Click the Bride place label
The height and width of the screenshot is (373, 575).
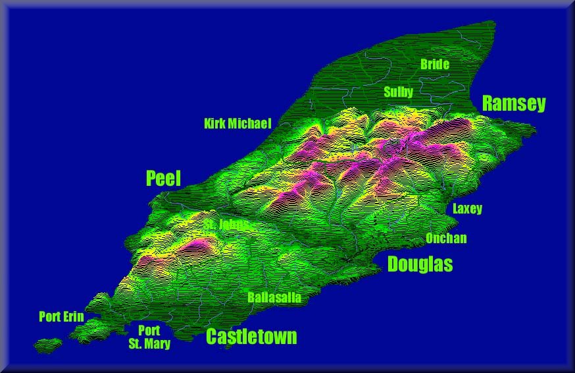pyautogui.click(x=435, y=64)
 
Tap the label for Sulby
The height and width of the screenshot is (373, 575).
pyautogui.click(x=399, y=92)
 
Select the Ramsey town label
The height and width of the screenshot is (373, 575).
pyautogui.click(x=514, y=103)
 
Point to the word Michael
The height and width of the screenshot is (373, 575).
pyautogui.click(x=250, y=123)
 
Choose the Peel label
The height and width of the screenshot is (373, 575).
pyautogui.click(x=163, y=178)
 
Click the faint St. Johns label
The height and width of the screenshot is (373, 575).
pyautogui.click(x=226, y=224)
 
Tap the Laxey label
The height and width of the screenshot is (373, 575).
pyautogui.click(x=467, y=208)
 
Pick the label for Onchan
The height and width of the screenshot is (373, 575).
pyautogui.click(x=446, y=238)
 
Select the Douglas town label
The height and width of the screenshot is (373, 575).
pyautogui.click(x=420, y=264)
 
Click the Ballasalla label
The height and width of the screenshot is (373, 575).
pyautogui.click(x=274, y=297)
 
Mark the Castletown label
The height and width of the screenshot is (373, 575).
pyautogui.click(x=251, y=337)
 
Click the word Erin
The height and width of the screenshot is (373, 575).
pyautogui.click(x=73, y=316)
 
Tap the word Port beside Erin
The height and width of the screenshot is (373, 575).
pyautogui.click(x=50, y=316)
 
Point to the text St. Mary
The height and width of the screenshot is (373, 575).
pyautogui.click(x=149, y=343)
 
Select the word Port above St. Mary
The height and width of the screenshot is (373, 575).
pyautogui.click(x=149, y=331)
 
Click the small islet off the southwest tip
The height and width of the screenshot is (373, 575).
pyautogui.click(x=48, y=345)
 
